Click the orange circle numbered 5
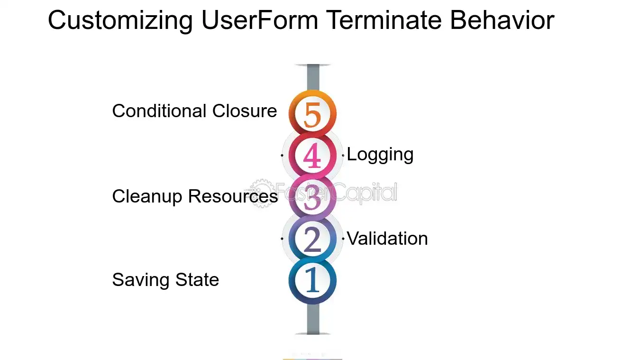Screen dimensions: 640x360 [312, 113]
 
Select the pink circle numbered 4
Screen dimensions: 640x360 [312, 155]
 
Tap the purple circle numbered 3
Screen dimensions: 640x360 [312, 197]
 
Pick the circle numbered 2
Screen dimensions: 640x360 [312, 239]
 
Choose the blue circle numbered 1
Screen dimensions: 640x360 [312, 280]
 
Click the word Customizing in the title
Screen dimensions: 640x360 [120, 20]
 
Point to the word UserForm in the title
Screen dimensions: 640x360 [260, 20]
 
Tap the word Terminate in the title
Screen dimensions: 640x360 [384, 20]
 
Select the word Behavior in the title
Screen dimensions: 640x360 [503, 20]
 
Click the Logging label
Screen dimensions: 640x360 [380, 155]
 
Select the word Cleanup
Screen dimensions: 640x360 [147, 197]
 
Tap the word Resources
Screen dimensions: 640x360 [233, 196]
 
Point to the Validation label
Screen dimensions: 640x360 [387, 238]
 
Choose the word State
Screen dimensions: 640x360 [197, 280]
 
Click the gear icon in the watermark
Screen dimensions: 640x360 [261, 193]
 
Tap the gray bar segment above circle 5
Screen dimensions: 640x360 [313, 77]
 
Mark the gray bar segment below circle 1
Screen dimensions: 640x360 [313, 319]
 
